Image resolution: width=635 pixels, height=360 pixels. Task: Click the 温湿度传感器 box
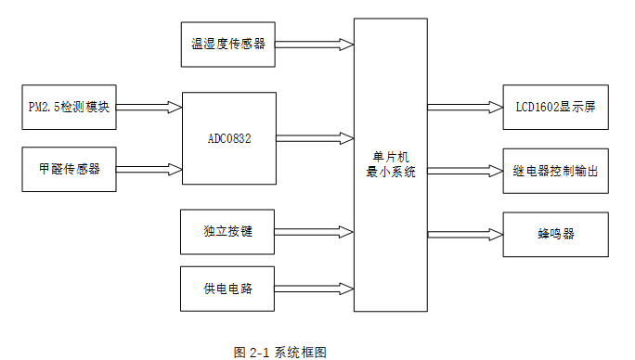coord(228,44)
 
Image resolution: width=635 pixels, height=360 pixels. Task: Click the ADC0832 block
coord(228,138)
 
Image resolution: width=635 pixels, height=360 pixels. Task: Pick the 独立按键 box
coord(228,231)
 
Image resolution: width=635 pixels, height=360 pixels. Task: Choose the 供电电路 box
coord(228,289)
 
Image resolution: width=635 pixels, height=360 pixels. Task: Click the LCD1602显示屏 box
coord(555,107)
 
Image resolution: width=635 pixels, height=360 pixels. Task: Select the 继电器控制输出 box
coord(555,171)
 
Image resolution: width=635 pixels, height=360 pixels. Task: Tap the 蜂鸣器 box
coord(555,234)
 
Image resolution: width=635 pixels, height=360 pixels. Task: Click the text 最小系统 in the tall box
coord(391,172)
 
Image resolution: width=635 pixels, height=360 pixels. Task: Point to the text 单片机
coord(391,157)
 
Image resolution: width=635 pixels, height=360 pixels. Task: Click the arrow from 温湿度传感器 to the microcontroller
coord(315,44)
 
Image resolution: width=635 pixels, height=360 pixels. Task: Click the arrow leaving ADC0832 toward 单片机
coord(315,138)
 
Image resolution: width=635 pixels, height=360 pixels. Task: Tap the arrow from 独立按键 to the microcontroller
coord(315,231)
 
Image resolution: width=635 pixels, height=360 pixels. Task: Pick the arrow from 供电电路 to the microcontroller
coord(315,289)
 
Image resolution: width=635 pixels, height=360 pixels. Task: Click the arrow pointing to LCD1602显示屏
coord(464,107)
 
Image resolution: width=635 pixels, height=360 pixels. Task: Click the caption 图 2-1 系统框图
coord(280,352)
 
